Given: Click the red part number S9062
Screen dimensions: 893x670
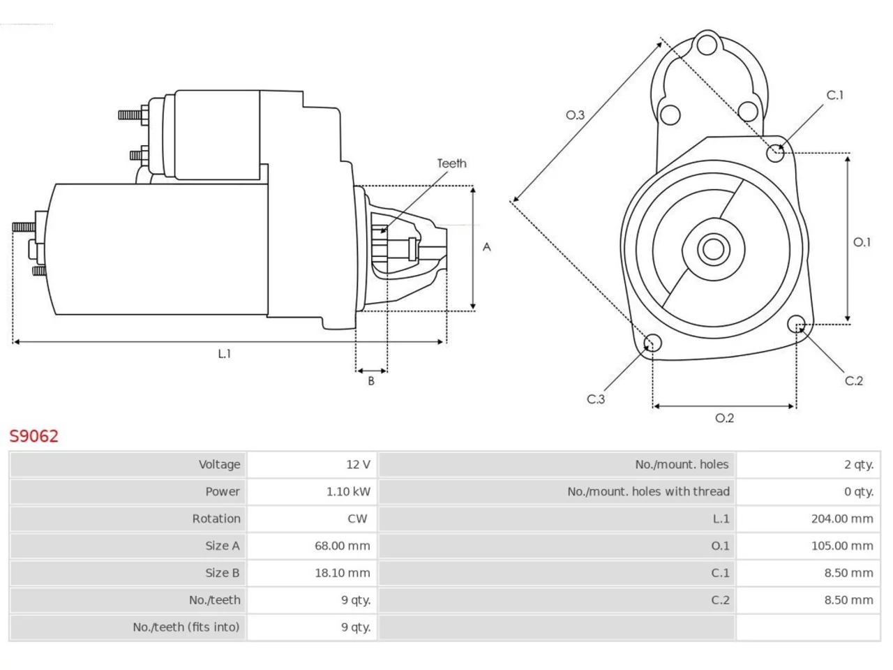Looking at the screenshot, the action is click(33, 435).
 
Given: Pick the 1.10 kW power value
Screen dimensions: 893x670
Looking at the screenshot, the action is click(348, 491).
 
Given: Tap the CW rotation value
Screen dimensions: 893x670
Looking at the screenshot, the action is click(357, 519).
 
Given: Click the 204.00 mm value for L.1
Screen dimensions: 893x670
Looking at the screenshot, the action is click(842, 519).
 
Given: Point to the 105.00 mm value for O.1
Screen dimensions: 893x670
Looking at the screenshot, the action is click(842, 546).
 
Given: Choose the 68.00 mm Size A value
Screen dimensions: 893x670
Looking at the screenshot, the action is click(342, 546).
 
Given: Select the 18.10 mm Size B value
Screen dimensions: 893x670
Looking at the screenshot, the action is click(342, 573).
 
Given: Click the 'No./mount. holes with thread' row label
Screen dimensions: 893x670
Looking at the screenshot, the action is click(648, 491).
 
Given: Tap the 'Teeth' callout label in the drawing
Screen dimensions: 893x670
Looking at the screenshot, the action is click(451, 163).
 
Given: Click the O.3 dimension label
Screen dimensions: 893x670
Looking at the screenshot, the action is click(575, 115).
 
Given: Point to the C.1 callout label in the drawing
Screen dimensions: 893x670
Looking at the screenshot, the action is click(834, 95).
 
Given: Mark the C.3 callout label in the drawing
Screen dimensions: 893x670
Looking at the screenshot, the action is click(596, 399).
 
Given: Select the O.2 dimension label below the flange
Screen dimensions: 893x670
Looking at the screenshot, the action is click(724, 418).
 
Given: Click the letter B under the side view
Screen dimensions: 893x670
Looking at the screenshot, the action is click(370, 381).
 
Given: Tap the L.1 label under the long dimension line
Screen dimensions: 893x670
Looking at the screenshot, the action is click(224, 354).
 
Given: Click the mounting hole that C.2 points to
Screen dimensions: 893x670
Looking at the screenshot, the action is click(796, 325).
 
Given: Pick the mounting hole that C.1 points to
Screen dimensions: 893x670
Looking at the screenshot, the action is click(775, 153).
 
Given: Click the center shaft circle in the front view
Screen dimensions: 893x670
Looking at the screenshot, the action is click(713, 249).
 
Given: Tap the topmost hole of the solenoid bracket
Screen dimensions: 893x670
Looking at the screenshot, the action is click(707, 45).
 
